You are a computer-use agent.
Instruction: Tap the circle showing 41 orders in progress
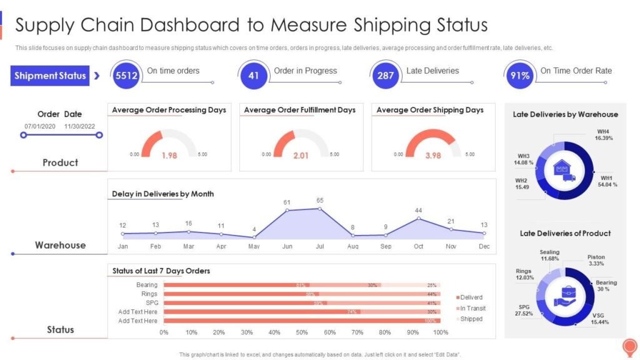[254, 76]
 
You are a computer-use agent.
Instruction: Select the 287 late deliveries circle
[386, 76]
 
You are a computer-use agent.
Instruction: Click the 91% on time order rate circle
[520, 76]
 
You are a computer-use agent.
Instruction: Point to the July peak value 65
[320, 201]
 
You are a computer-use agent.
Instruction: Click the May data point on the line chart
[254, 237]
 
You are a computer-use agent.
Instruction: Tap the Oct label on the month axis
[419, 247]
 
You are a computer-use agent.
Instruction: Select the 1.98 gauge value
[169, 156]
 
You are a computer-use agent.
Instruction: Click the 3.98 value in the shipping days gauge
[433, 156]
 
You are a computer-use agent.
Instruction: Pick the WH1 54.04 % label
[609, 181]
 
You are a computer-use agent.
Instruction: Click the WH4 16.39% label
[599, 134]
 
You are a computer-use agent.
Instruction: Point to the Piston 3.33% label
[596, 260]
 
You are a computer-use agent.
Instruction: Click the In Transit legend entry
[471, 308]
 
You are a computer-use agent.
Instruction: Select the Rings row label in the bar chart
[149, 294]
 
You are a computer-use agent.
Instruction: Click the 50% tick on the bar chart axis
[302, 332]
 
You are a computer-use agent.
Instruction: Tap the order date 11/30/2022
[82, 126]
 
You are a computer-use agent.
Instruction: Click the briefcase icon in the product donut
[565, 297]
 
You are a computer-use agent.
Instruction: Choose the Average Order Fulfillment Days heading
[299, 110]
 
